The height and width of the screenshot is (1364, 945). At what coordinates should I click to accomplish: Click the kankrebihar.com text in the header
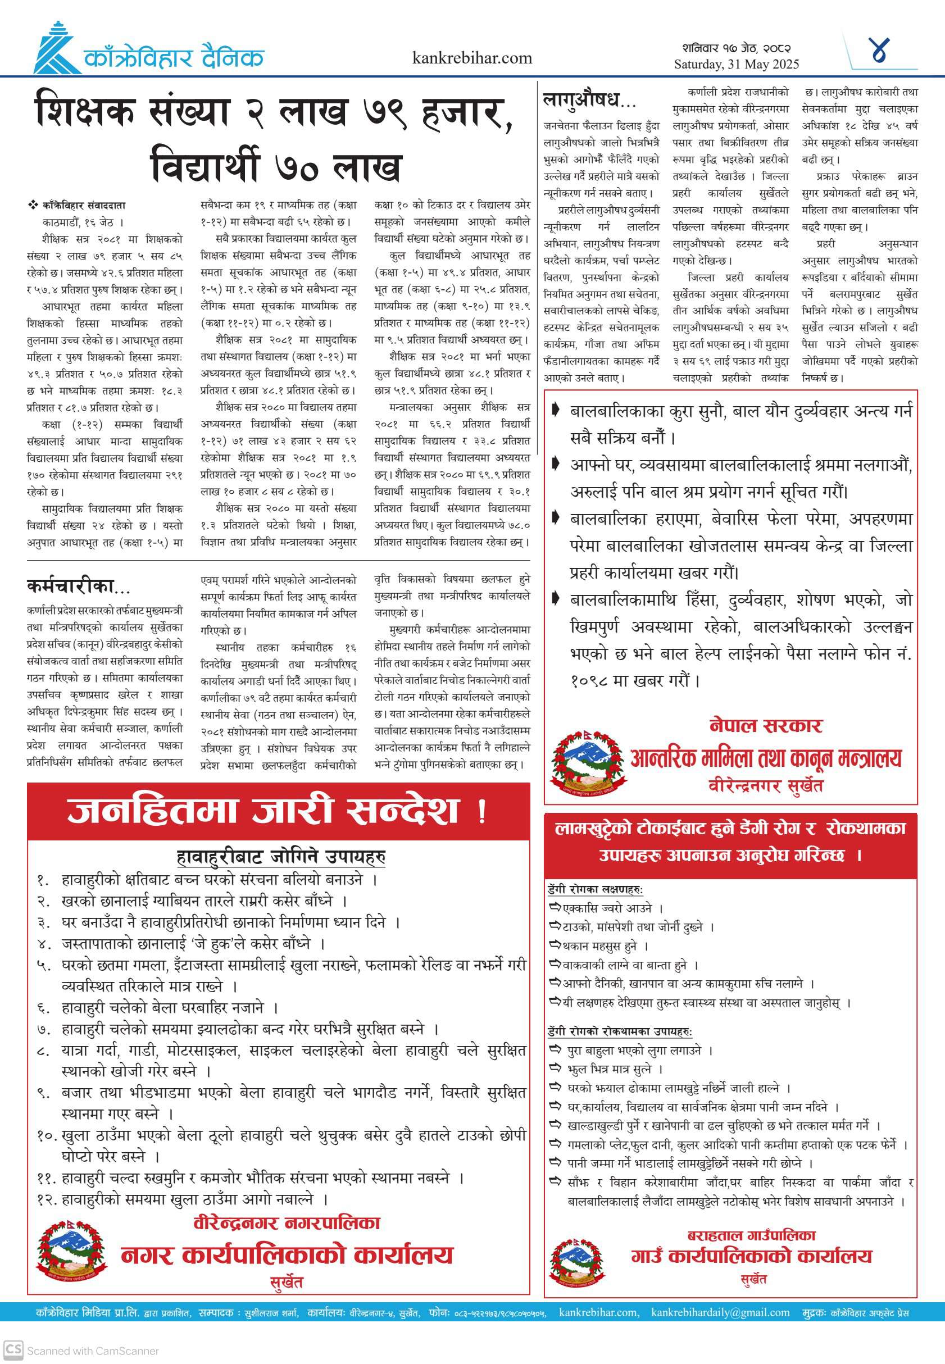click(472, 58)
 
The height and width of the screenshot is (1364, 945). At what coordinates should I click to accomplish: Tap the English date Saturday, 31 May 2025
click(736, 64)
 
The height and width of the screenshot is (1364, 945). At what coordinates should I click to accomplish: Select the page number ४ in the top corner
click(880, 51)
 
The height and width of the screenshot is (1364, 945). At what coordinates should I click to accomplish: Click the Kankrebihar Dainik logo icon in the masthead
click(56, 48)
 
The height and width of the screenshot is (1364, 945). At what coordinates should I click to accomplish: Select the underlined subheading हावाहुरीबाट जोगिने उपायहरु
click(281, 856)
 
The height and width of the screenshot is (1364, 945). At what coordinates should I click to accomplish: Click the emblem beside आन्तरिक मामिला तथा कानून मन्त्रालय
click(588, 763)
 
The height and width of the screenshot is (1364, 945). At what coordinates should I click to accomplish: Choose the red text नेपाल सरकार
click(766, 725)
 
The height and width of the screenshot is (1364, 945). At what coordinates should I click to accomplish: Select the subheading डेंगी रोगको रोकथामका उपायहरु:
click(619, 1031)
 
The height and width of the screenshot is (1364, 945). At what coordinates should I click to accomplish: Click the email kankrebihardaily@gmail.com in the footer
click(720, 1312)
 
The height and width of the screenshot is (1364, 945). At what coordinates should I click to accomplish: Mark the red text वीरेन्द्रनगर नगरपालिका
click(287, 1222)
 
